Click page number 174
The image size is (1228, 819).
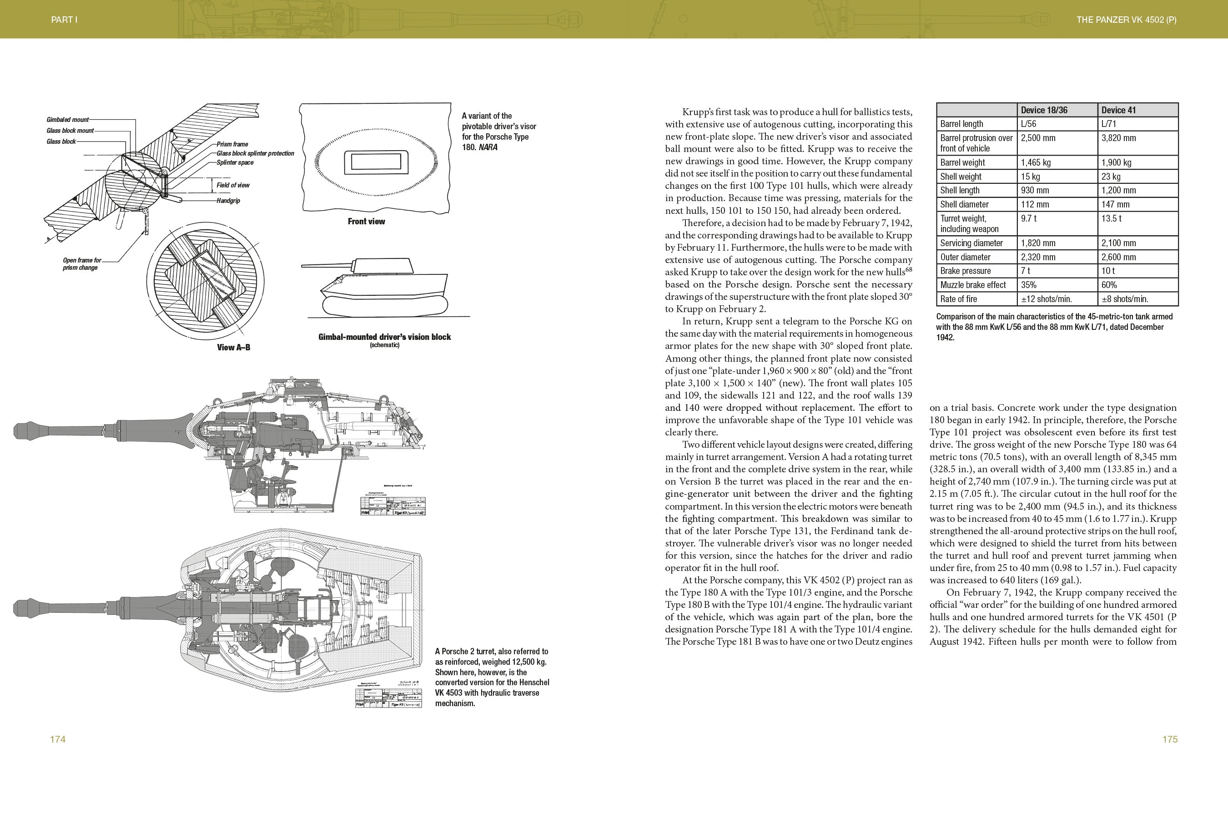pyautogui.click(x=57, y=739)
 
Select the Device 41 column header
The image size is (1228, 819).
pyautogui.click(x=1118, y=110)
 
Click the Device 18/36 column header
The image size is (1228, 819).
pyautogui.click(x=1044, y=110)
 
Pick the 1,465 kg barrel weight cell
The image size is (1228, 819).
pyautogui.click(x=1036, y=162)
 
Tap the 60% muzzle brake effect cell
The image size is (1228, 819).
pyautogui.click(x=1109, y=285)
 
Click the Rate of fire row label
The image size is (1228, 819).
pyautogui.click(x=959, y=299)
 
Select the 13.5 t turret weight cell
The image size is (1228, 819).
pyautogui.click(x=1112, y=218)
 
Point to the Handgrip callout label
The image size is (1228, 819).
pyautogui.click(x=228, y=201)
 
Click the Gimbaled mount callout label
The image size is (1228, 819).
pyautogui.click(x=67, y=120)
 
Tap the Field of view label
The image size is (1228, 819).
pyautogui.click(x=233, y=185)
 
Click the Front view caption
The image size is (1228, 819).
pyautogui.click(x=366, y=222)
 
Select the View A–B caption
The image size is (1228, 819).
pyautogui.click(x=233, y=347)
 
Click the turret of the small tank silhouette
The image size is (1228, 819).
pyautogui.click(x=382, y=265)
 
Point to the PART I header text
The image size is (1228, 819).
pyautogui.click(x=64, y=20)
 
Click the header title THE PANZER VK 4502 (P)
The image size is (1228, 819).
pyautogui.click(x=1126, y=20)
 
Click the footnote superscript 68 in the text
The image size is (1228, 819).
pyautogui.click(x=909, y=269)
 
